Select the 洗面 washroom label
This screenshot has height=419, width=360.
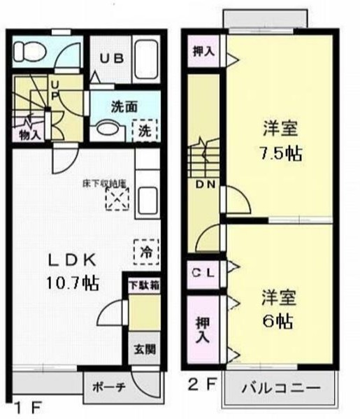(124, 108)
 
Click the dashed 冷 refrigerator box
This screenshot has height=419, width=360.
(146, 249)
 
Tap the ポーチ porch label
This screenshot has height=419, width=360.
(106, 385)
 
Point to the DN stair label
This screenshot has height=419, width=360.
(205, 185)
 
